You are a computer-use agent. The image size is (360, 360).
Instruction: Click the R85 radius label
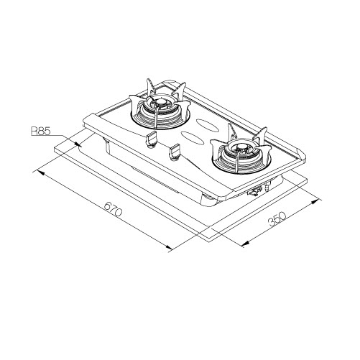pyautogui.click(x=40, y=131)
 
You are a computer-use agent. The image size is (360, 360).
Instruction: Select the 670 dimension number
pyautogui.click(x=114, y=209)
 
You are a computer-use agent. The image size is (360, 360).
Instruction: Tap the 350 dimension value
pyautogui.click(x=277, y=219)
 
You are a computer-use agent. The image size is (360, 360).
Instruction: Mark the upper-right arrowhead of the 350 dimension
pyautogui.click(x=315, y=201)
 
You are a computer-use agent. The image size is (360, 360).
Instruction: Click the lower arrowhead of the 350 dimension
pyautogui.click(x=246, y=244)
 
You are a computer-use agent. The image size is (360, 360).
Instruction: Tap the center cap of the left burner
pyautogui.click(x=160, y=103)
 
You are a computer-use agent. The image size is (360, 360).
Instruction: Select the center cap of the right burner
pyautogui.click(x=240, y=149)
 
